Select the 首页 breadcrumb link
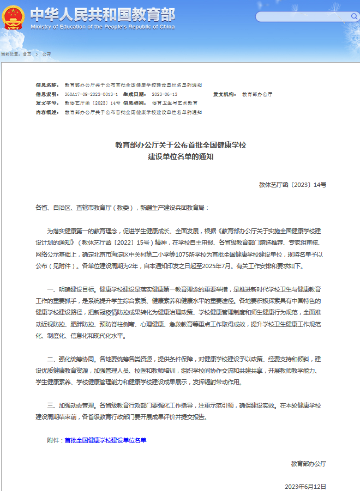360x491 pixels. click(27, 54)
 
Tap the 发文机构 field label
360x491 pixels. click(224, 94)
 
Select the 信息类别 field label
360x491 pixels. click(135, 103)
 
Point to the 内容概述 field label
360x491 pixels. click(47, 112)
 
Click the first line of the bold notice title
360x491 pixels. click(181, 146)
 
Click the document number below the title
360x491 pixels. click(292, 185)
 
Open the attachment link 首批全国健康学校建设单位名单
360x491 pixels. click(105, 440)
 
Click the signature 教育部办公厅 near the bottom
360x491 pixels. click(308, 463)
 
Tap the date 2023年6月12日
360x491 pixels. click(305, 486)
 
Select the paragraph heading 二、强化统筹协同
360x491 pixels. click(71, 360)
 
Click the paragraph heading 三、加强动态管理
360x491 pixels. click(71, 405)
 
